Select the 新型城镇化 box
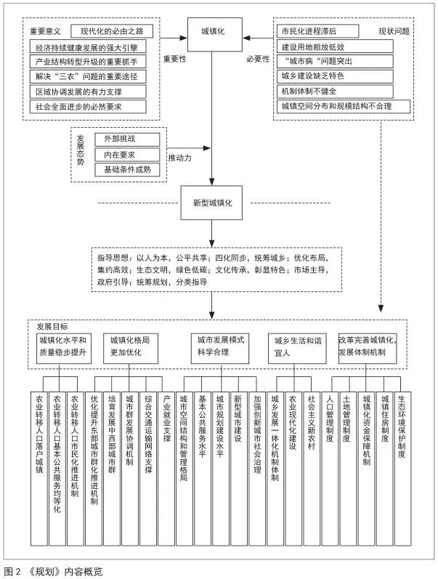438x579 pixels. tap(211, 203)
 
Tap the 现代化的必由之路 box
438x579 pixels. tap(112, 31)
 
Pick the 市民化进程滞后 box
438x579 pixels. tap(317, 31)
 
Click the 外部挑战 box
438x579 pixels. tap(127, 139)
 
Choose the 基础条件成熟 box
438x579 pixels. tap(127, 170)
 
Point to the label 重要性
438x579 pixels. tap(175, 59)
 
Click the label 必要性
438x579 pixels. tap(258, 59)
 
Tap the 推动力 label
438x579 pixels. tap(180, 158)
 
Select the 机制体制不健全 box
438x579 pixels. tap(335, 92)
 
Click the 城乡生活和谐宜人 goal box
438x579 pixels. tap(297, 349)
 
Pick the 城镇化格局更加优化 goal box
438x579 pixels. tap(130, 349)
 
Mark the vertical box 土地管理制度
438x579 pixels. tap(348, 469)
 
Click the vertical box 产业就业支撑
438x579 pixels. tap(166, 469)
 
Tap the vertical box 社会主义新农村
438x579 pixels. tap(312, 469)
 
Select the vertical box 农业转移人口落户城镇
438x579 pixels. tap(39, 469)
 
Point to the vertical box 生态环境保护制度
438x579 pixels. tap(402, 469)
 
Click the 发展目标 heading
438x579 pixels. tap(52, 326)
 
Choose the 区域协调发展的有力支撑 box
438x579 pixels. tap(88, 92)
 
